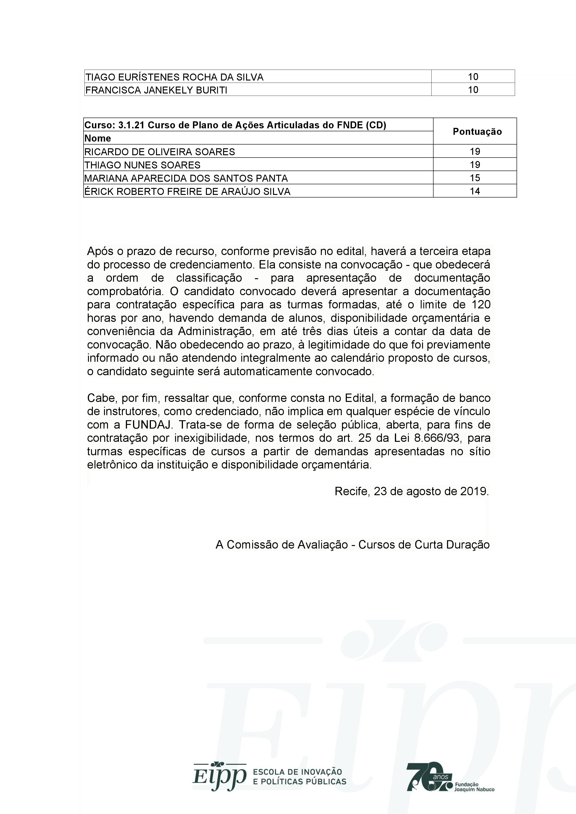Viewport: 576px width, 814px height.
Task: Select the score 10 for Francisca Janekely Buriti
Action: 473,90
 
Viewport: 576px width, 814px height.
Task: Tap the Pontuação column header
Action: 477,132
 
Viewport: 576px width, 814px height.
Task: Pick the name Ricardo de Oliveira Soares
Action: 159,152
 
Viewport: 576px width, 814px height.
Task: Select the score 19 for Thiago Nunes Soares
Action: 475,165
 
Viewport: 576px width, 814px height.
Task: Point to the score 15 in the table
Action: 475,178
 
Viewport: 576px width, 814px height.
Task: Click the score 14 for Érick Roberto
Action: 475,191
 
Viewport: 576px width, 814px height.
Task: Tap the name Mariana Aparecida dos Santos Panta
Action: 186,178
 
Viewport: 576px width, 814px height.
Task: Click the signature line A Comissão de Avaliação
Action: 353,545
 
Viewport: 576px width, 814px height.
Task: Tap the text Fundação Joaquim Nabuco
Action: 474,787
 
